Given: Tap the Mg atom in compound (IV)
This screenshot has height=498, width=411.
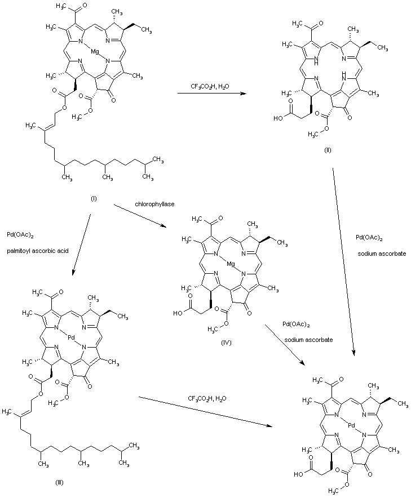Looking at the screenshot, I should coord(224,263).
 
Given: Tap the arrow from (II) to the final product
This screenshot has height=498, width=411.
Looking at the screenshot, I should coord(343,265).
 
